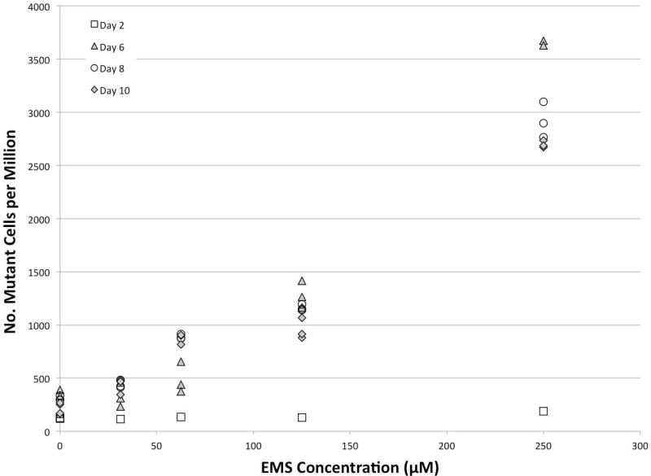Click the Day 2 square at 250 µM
pos(544,411)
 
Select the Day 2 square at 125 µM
pos(302,417)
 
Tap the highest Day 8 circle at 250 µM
pos(544,102)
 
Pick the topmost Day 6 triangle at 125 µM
pos(302,281)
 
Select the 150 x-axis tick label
pos(350,448)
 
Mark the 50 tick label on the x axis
pos(156,448)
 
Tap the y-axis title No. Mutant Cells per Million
pos(11,218)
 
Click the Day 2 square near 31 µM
pos(120,419)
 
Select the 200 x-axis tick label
pos(447,448)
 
